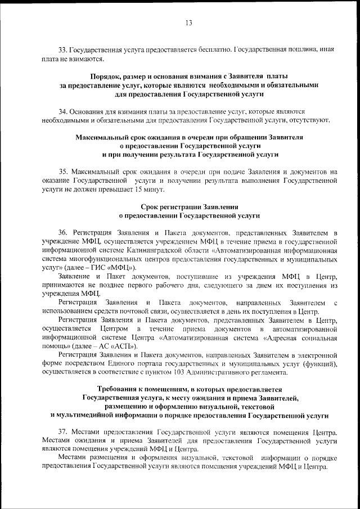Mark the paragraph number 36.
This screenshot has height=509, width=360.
(x=62, y=232)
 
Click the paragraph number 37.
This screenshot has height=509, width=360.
(x=62, y=432)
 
